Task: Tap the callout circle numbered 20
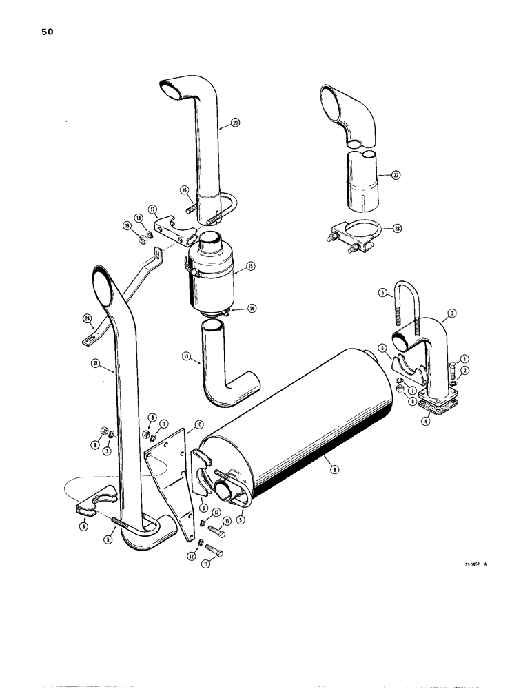pos(236,124)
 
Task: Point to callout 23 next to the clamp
pos(395,227)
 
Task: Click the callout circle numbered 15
pos(250,265)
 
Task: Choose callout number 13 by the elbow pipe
pos(185,357)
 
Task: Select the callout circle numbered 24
pos(87,318)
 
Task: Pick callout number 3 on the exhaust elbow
pos(451,313)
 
